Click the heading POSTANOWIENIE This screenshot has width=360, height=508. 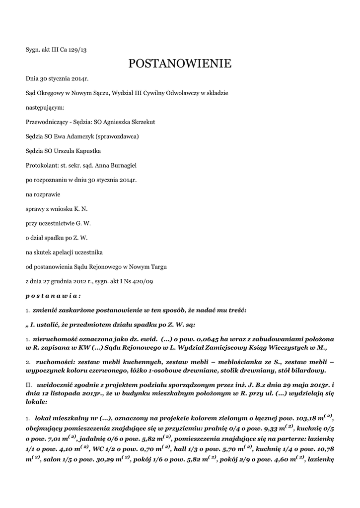180,63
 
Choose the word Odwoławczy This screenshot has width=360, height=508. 182,93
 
